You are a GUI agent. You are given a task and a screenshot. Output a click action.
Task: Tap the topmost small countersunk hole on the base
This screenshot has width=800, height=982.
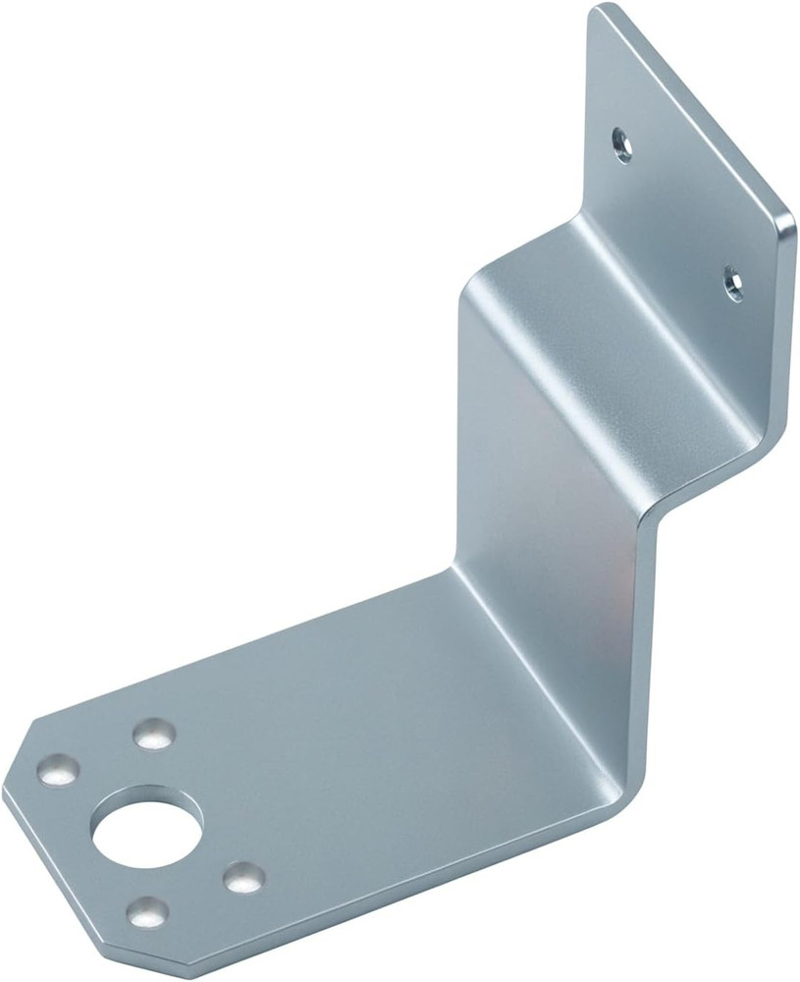pyautogui.click(x=154, y=733)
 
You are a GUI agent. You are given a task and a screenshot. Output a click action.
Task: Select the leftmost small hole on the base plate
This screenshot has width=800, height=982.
pyautogui.click(x=58, y=769)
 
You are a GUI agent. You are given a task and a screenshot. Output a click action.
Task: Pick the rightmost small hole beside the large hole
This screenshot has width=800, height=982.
pyautogui.click(x=242, y=877)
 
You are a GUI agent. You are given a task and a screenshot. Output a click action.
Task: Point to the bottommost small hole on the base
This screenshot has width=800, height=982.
pyautogui.click(x=147, y=912)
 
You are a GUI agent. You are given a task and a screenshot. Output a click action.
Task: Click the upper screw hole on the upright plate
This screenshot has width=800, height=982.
pyautogui.click(x=620, y=144)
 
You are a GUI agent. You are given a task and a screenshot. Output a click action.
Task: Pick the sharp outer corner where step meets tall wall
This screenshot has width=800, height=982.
pyautogui.click(x=648, y=511)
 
